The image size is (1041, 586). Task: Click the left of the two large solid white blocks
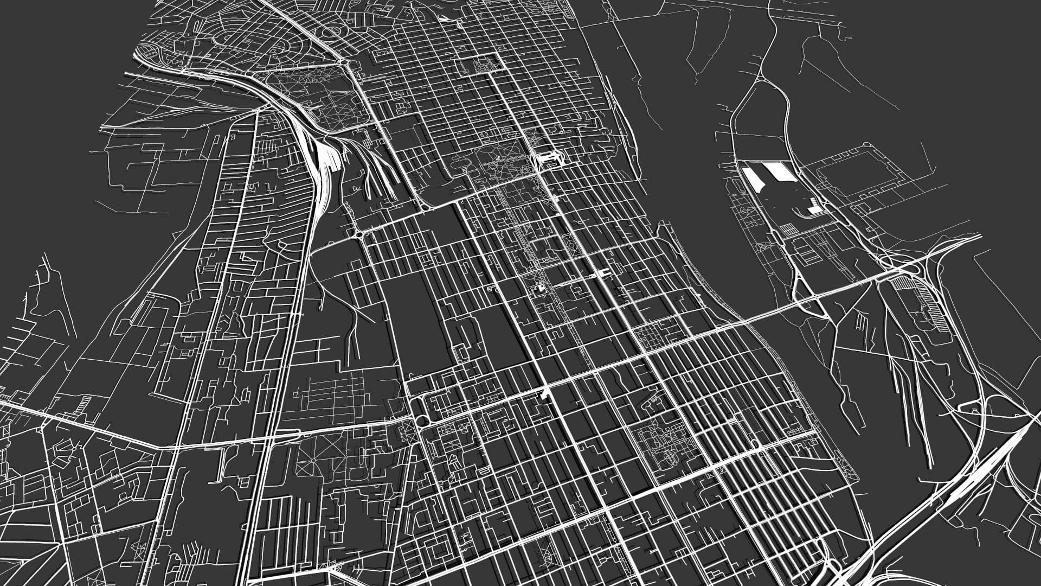[753, 178]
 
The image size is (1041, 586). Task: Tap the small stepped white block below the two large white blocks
[814, 205]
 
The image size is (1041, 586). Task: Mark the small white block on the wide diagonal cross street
[544, 393]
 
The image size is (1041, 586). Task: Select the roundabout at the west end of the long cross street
[358, 233]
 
